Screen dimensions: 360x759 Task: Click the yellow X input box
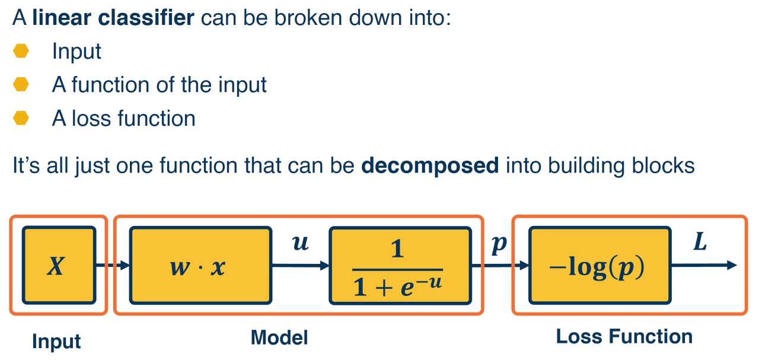tap(58, 265)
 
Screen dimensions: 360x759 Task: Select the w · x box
tap(199, 265)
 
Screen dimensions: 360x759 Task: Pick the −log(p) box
tap(599, 265)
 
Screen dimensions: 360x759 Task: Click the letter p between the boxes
tap(499, 243)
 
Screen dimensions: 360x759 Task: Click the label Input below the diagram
tap(56, 342)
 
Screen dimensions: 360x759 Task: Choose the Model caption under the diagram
tap(279, 337)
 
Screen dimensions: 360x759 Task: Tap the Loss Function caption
tap(624, 337)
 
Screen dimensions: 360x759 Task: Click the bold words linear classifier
tap(113, 18)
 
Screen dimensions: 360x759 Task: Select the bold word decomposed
tap(430, 165)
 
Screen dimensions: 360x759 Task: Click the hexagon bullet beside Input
tap(21, 52)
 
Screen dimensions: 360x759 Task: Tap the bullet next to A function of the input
tap(21, 85)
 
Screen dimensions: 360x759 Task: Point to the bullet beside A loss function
tap(21, 118)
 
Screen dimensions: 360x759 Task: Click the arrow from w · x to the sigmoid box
tap(300, 265)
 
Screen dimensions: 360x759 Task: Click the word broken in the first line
tap(282, 18)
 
